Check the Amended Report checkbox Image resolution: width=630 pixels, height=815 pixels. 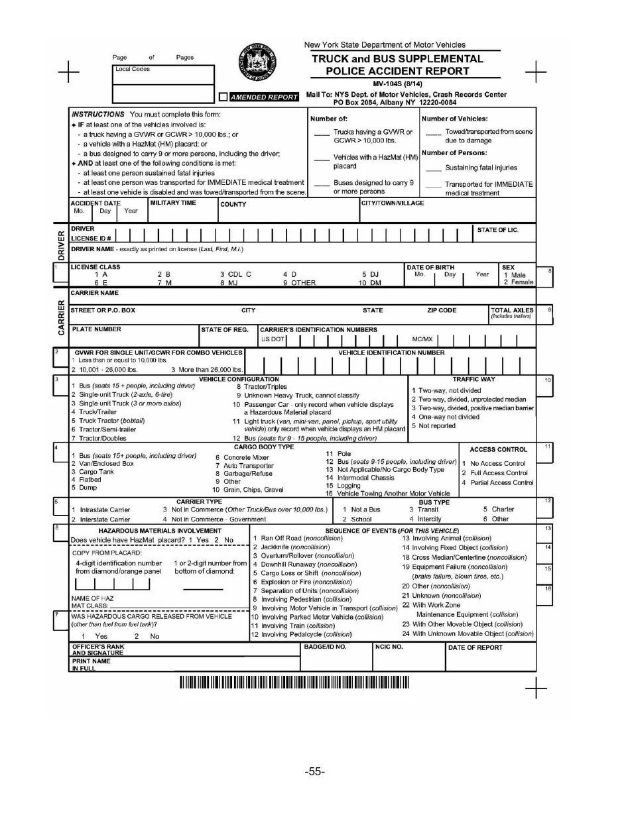223,97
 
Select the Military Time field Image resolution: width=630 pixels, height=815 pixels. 182,210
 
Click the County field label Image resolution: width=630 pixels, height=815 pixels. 233,205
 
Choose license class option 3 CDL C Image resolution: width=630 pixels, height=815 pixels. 235,274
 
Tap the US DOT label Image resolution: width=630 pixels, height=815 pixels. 273,339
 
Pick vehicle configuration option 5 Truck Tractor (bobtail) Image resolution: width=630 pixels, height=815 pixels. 112,421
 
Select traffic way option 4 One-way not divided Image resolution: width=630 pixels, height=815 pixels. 444,417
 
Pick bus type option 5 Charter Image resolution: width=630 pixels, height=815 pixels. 498,510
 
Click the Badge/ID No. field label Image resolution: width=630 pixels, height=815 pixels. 325,647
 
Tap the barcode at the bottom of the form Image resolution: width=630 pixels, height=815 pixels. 294,682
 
